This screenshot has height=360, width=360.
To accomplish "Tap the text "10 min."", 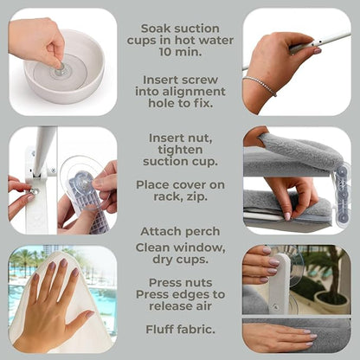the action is (x=180, y=52).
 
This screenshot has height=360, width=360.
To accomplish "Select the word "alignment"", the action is (x=194, y=92).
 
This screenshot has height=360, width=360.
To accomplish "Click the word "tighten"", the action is (x=180, y=150).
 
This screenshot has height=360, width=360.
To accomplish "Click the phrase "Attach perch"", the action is (x=180, y=231).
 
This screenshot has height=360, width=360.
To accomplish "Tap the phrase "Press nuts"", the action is (x=180, y=283).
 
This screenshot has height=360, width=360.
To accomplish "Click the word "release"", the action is (x=169, y=306).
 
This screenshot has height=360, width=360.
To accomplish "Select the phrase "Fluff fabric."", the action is (x=180, y=330).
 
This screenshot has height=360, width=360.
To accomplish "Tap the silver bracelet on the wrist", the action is (x=260, y=85).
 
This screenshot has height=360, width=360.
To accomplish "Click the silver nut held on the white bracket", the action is (x=34, y=191).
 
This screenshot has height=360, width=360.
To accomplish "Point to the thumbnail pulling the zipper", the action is (x=287, y=215).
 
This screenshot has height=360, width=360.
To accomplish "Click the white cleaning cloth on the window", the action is (x=63, y=303).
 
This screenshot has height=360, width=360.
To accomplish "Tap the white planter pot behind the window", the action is (x=331, y=302).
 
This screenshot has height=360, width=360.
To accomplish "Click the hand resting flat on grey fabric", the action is (x=280, y=335).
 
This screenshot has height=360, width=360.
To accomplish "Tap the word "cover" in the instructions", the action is (x=191, y=185).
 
